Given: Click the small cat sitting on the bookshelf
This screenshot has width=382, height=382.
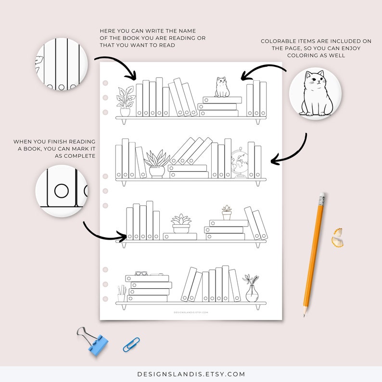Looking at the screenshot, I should point(221,88).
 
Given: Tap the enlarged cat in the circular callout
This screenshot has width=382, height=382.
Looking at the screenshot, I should point(312,94).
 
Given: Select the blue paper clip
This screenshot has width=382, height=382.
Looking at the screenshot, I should point(131,344).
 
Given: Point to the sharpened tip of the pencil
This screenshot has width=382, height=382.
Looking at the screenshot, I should point(305,315).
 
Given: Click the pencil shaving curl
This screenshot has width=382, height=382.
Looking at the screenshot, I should point(338,236).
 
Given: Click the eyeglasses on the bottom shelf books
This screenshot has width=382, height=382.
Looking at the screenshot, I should point(141,273).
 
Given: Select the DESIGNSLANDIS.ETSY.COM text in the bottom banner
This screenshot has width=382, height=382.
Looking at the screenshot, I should point(191,374).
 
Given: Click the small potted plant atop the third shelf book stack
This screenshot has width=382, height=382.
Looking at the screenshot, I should point(226,212).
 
